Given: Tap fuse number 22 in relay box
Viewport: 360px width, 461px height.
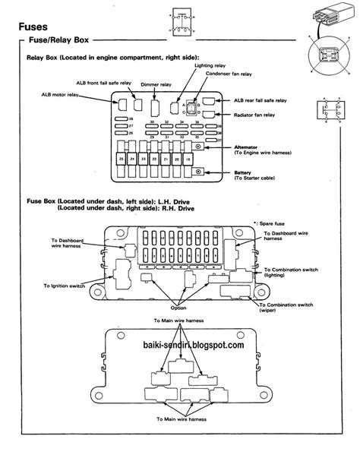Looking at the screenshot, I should pos(154,159).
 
